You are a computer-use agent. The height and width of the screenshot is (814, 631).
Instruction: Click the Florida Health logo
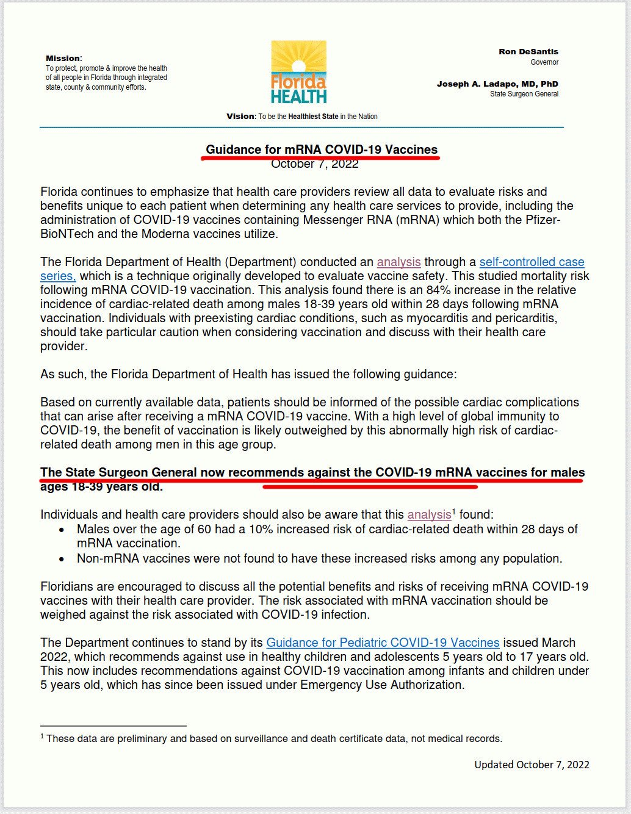coord(298,72)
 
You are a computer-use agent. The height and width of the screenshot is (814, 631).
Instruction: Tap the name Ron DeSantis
coord(528,52)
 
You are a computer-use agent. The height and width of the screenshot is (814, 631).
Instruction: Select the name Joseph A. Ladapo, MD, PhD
coord(497,84)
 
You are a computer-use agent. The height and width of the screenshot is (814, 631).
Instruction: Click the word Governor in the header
coord(544,62)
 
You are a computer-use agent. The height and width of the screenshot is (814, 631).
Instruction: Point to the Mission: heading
coord(63,59)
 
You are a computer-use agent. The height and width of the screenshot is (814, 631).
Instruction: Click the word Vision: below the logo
coord(241,117)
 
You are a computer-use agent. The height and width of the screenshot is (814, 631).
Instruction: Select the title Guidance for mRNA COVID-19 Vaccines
coord(322,149)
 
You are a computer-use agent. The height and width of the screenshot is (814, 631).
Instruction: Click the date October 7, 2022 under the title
coord(315,164)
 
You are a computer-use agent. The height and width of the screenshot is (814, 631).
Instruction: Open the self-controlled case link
coord(532,262)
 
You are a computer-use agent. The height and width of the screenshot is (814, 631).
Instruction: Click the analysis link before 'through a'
coord(398,262)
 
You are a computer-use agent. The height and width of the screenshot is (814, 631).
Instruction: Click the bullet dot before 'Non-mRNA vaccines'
coord(62,558)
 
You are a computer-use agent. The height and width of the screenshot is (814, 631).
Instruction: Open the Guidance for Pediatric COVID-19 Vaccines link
coord(383,643)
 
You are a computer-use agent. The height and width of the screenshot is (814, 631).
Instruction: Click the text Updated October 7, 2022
coord(532,765)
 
